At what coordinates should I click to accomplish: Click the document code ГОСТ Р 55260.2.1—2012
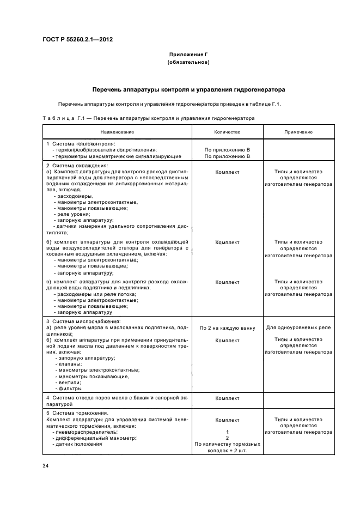point(77,39)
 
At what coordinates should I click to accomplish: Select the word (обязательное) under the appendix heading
point(188,63)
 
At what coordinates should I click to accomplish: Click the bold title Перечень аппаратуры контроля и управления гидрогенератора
point(188,89)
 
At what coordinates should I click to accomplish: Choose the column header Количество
point(227,132)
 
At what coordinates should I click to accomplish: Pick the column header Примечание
point(298,132)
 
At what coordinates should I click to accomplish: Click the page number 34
point(46,466)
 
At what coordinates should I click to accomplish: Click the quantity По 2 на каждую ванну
point(227,328)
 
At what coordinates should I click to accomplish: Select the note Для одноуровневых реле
point(298,328)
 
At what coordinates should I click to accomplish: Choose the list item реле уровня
point(75,214)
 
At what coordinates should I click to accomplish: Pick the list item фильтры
point(70,388)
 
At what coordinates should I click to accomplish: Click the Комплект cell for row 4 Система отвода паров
point(227,398)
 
